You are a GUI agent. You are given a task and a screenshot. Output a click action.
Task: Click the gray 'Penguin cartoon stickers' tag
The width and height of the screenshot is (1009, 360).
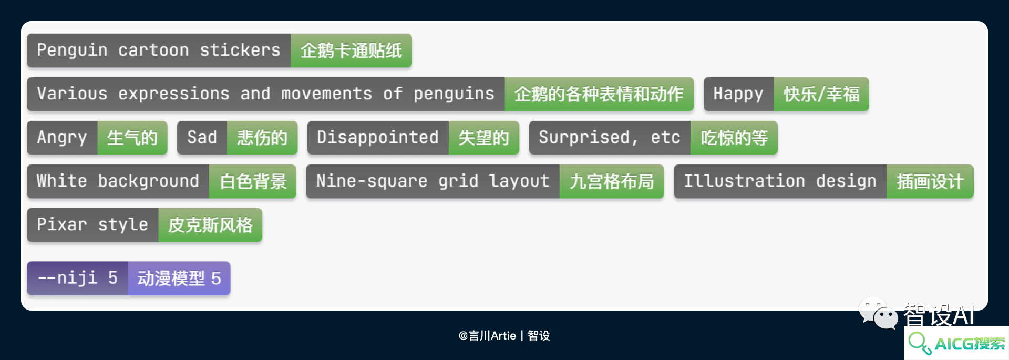point(159,50)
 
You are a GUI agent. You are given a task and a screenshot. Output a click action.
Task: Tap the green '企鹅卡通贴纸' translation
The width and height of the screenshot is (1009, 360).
point(351,50)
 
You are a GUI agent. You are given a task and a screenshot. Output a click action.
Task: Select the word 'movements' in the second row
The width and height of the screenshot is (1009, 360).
point(326,94)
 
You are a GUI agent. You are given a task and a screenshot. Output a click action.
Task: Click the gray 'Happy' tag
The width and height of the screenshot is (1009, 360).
point(738,94)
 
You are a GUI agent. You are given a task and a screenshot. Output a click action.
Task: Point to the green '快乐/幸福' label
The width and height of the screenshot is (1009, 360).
point(821,94)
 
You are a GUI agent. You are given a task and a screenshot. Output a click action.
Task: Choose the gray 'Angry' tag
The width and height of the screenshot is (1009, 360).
point(62,138)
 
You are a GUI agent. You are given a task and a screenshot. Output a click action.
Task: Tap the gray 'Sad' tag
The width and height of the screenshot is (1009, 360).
point(202,138)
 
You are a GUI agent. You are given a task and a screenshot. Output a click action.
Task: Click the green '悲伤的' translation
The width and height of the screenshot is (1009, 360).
point(262,138)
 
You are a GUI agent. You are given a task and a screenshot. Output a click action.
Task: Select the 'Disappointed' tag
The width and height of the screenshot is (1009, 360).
point(378,138)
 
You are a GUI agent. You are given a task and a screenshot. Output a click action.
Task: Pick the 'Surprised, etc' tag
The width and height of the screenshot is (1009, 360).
point(610,138)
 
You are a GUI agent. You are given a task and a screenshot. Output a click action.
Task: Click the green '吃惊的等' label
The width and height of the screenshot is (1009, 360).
point(734,138)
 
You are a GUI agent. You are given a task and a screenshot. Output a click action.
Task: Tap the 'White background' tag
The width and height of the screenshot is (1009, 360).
point(118,181)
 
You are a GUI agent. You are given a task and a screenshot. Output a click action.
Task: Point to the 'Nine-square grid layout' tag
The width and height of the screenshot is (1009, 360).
point(433,181)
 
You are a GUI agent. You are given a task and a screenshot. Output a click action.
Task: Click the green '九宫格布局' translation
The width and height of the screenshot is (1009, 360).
point(612,181)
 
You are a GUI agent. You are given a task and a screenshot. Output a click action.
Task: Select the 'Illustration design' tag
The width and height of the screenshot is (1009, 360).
point(780,181)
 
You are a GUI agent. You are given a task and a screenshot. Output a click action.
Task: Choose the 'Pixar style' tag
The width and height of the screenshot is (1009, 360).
point(92,225)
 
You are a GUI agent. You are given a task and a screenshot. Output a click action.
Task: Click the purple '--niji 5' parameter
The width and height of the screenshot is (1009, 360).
point(78,278)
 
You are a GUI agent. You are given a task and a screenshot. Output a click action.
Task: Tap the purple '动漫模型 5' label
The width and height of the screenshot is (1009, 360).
point(179,278)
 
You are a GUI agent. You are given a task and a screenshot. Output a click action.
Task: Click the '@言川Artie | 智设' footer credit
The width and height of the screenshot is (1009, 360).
point(504,335)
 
